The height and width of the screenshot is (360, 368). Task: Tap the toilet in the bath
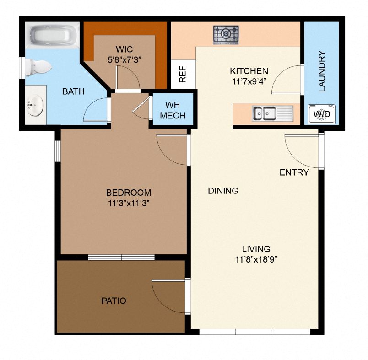pos(38,68)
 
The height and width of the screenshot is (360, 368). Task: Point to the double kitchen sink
pos(264,113)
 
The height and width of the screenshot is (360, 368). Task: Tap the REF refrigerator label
pos(183,75)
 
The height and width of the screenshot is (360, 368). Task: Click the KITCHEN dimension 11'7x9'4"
pos(249,81)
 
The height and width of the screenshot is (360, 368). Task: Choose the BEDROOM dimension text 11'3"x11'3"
pos(128,203)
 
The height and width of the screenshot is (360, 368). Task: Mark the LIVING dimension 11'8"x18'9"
pos(256,259)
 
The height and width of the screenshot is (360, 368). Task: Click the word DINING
pos(223,191)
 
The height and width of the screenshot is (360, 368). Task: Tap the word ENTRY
pos(294,172)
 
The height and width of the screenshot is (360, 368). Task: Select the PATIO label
pos(113,301)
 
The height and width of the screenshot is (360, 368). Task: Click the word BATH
pos(73,91)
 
